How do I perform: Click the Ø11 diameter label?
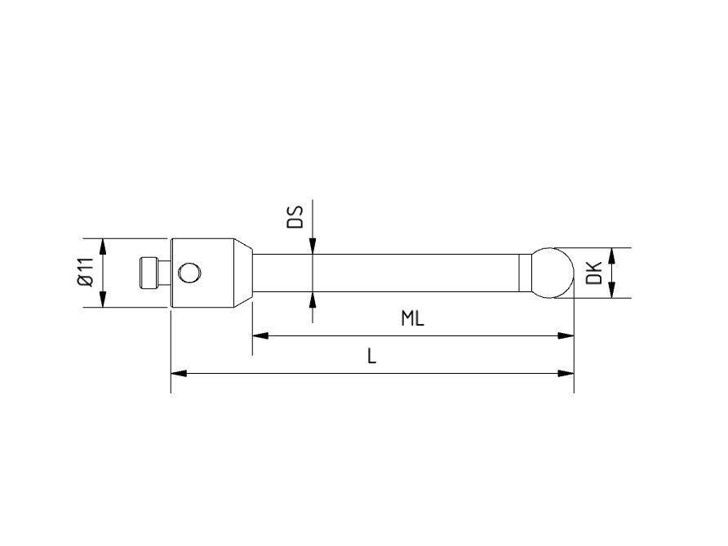click(x=86, y=273)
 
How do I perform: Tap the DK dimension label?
click(x=594, y=273)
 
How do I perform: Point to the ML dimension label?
click(x=413, y=318)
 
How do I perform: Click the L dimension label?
click(x=371, y=357)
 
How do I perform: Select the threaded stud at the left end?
click(x=149, y=273)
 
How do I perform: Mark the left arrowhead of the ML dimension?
click(x=260, y=335)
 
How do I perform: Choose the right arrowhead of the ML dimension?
click(x=566, y=335)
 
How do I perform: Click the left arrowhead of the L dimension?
click(x=179, y=373)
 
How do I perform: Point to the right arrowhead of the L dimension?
click(x=566, y=373)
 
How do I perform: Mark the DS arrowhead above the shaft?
click(x=312, y=246)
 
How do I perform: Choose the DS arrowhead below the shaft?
click(x=312, y=299)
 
